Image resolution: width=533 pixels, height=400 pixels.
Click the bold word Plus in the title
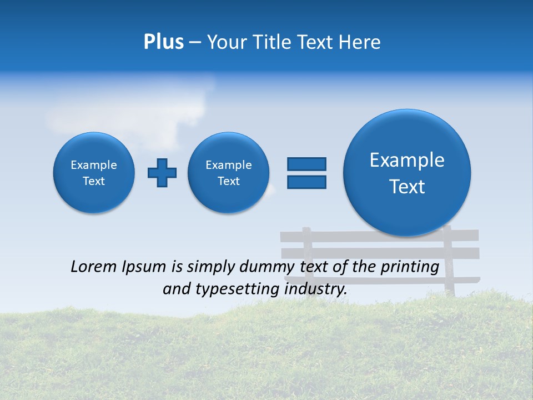(163, 42)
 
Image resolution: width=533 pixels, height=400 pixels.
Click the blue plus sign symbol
(162, 173)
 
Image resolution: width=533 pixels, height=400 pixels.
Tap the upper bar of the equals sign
(306, 164)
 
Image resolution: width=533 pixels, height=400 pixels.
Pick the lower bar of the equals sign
(306, 182)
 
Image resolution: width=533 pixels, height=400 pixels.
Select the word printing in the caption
(409, 267)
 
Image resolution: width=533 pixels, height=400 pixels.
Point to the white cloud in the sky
(133, 111)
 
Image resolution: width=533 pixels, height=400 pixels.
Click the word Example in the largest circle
(407, 160)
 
